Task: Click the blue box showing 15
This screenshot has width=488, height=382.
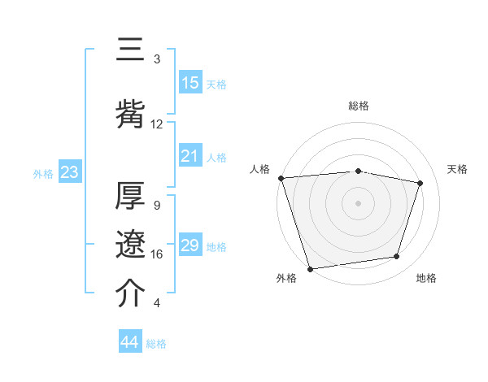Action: pos(190,83)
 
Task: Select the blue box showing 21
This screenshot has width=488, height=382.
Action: pos(190,156)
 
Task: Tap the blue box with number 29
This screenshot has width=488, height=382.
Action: pos(190,245)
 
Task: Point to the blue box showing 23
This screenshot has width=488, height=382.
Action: pos(69,172)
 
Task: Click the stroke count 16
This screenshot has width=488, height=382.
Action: pos(157,254)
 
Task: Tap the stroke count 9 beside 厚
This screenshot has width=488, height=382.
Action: pos(157,206)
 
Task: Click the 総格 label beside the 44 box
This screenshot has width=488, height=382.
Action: pos(156,344)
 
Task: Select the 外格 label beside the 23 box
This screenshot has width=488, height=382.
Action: pos(43,174)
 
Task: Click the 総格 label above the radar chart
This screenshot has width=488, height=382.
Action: pos(358,106)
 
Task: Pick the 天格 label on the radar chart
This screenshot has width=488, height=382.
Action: pos(458,169)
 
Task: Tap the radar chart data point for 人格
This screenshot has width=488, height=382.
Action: pos(281,178)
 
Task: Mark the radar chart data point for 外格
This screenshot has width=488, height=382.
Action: pos(310,268)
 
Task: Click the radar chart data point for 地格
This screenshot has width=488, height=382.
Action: pos(397,257)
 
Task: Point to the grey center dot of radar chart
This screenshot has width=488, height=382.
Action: pos(358,202)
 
